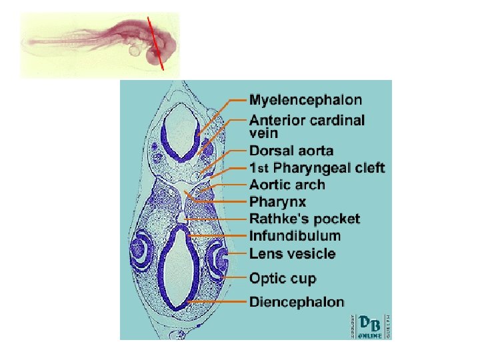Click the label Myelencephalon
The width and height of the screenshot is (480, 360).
point(305,101)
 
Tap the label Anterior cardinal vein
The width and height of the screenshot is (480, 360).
point(307,127)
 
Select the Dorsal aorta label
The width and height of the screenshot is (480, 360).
point(291,151)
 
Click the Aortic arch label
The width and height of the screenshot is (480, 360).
point(287,185)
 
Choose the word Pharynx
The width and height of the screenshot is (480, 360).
point(277,201)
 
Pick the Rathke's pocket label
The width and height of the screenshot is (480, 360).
point(304,219)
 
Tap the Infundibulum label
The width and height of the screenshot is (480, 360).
point(295,236)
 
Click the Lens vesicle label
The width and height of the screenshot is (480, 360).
point(292,254)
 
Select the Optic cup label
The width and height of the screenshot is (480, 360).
point(283,278)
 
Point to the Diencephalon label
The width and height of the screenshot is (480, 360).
point(297,302)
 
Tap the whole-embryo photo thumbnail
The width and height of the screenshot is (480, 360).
point(100,44)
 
